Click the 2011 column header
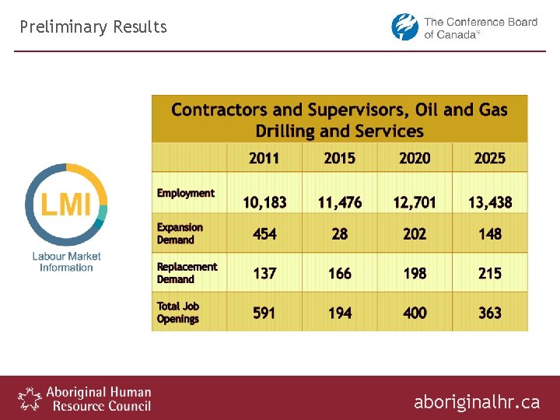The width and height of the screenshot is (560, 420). pyautogui.click(x=264, y=158)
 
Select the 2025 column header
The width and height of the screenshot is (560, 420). pyautogui.click(x=490, y=158)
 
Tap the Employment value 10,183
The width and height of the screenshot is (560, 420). pyautogui.click(x=264, y=202)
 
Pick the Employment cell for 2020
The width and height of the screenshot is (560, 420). pyautogui.click(x=415, y=202)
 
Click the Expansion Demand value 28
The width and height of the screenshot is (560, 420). pyautogui.click(x=340, y=234)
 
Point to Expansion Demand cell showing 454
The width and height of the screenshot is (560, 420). pyautogui.click(x=264, y=234)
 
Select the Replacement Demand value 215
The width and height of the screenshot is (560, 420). pyautogui.click(x=490, y=274)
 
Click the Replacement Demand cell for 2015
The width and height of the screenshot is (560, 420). pyautogui.click(x=340, y=274)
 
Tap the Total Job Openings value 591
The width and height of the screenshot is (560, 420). pyautogui.click(x=264, y=313)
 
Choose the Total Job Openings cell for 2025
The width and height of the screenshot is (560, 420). pyautogui.click(x=490, y=313)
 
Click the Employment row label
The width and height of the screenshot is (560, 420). pyautogui.click(x=185, y=193)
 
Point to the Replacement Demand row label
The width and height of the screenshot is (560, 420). pyautogui.click(x=187, y=273)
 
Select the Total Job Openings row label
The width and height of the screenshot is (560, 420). pyautogui.click(x=178, y=313)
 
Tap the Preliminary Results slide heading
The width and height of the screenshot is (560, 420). pyautogui.click(x=93, y=27)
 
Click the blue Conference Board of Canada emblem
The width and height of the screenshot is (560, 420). pyautogui.click(x=404, y=27)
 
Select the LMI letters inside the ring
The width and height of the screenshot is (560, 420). pyautogui.click(x=66, y=205)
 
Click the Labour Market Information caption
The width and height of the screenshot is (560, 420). pyautogui.click(x=66, y=261)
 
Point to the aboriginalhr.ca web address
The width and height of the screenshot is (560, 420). pyautogui.click(x=476, y=402)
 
